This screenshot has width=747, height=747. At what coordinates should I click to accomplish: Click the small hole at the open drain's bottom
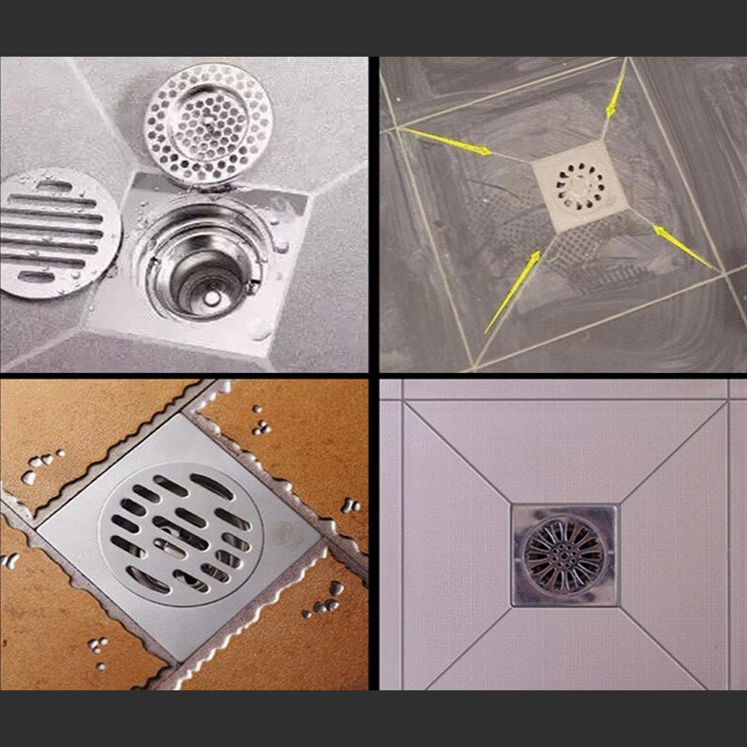click(209, 297)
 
